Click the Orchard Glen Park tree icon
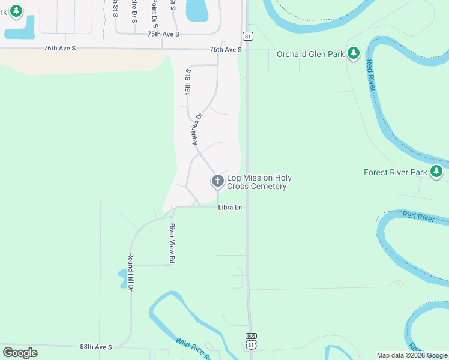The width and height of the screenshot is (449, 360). pyautogui.click(x=354, y=54)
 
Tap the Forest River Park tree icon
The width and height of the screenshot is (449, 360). pyautogui.click(x=436, y=172)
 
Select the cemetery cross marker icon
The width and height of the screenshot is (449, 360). pyautogui.click(x=217, y=180)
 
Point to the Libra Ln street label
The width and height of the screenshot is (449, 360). pyautogui.click(x=230, y=208)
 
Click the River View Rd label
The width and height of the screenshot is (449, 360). pyautogui.click(x=172, y=244)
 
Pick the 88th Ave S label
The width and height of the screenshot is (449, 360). pyautogui.click(x=96, y=347)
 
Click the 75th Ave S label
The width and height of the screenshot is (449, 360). pyautogui.click(x=163, y=34)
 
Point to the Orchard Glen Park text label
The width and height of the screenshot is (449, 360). pyautogui.click(x=310, y=55)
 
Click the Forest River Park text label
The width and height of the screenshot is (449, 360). pyautogui.click(x=396, y=172)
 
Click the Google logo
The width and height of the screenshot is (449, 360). pyautogui.click(x=20, y=353)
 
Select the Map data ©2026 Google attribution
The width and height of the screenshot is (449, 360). pyautogui.click(x=412, y=355)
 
